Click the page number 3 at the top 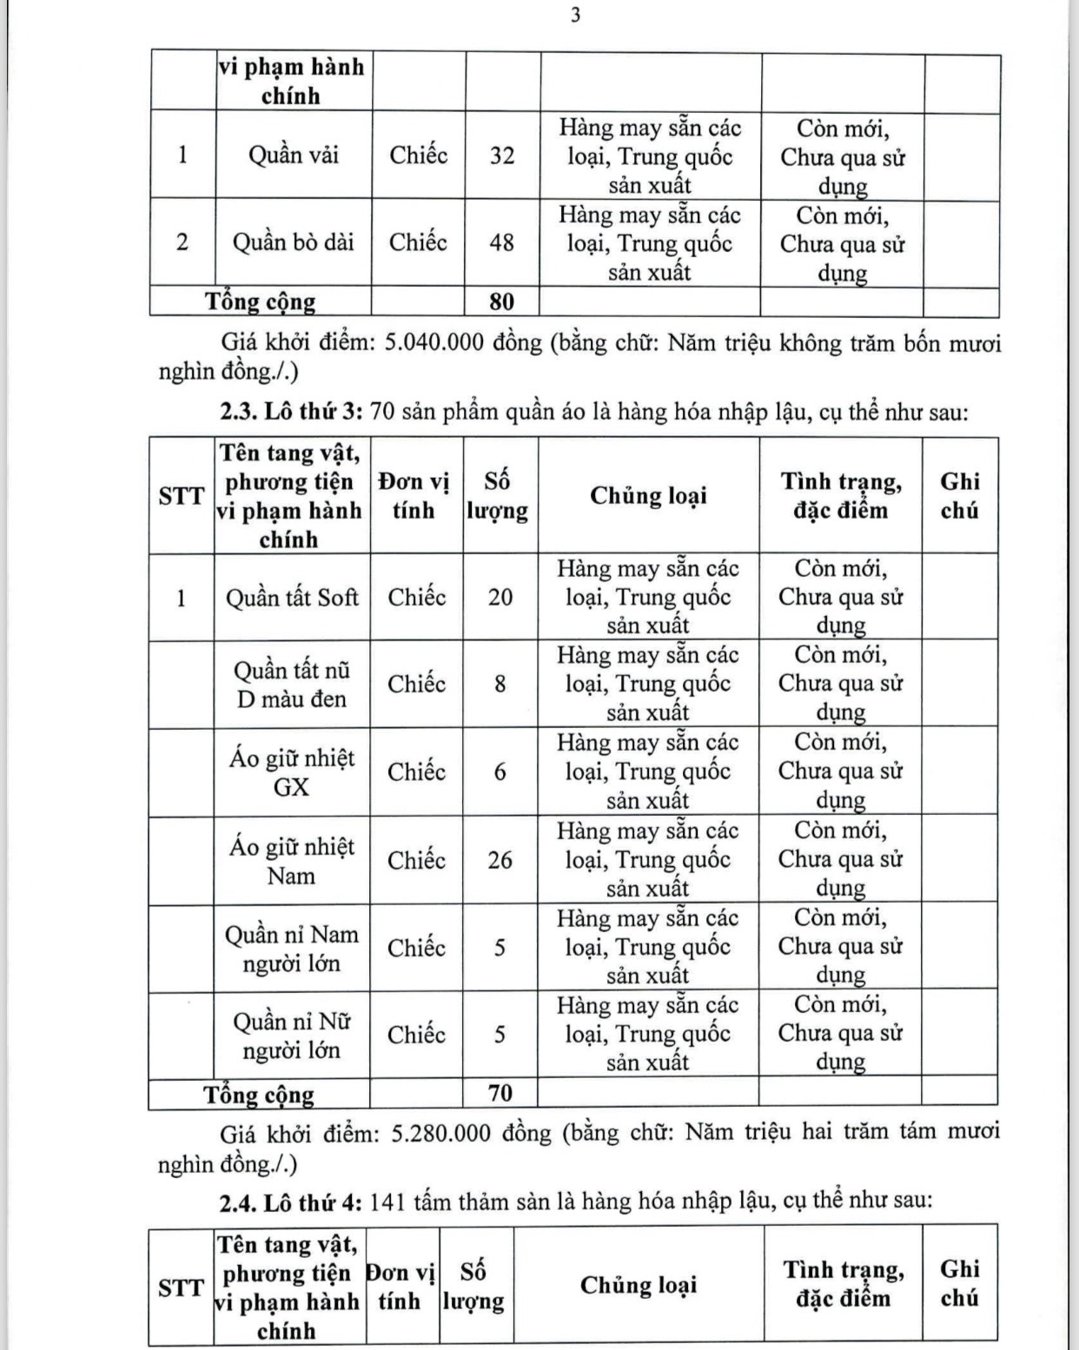tap(575, 16)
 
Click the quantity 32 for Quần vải tap(502, 156)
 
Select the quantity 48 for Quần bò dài tap(501, 242)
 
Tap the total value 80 tap(501, 301)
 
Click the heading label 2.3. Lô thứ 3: tap(291, 411)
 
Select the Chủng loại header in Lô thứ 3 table tap(648, 496)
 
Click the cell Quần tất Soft tap(292, 598)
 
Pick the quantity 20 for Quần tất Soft tap(500, 598)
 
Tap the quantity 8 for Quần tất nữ tap(500, 685)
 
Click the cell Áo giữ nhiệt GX tap(292, 772)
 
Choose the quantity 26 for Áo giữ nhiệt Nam tap(500, 860)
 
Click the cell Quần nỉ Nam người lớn tap(292, 949)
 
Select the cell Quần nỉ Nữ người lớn tap(292, 1036)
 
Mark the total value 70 tap(500, 1093)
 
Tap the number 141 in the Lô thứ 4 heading tap(387, 1201)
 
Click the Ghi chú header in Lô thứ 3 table tap(959, 496)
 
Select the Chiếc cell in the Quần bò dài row tap(418, 242)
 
